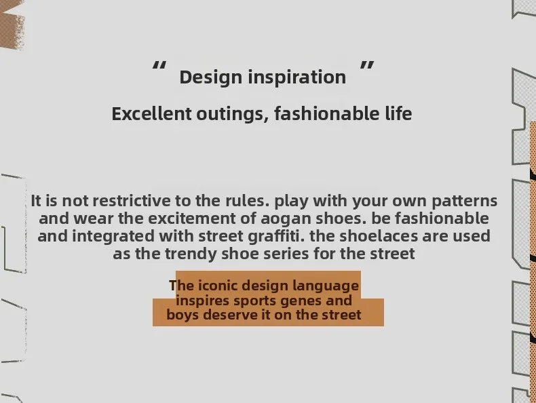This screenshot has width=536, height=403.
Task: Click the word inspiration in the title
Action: pyautogui.click(x=296, y=77)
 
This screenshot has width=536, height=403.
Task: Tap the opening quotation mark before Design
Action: pyautogui.click(x=159, y=65)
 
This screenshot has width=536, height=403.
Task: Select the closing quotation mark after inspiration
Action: pyautogui.click(x=367, y=65)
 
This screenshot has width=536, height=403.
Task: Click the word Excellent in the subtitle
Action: pyautogui.click(x=151, y=114)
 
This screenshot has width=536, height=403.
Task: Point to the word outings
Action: pyautogui.click(x=233, y=115)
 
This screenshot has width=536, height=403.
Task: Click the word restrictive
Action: pyautogui.click(x=131, y=201)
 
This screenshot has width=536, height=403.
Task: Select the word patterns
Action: pyautogui.click(x=464, y=201)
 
